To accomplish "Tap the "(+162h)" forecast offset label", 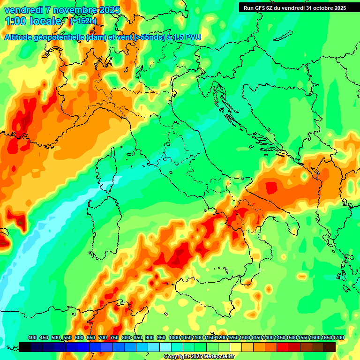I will (83, 21).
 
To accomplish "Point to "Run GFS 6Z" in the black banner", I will (259, 7).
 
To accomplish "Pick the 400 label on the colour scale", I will (32, 337).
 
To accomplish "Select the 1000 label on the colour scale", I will (174, 337).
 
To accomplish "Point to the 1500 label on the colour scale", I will (280, 337).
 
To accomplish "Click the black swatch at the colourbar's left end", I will (25, 347).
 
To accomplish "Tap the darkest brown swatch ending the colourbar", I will (330, 347).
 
